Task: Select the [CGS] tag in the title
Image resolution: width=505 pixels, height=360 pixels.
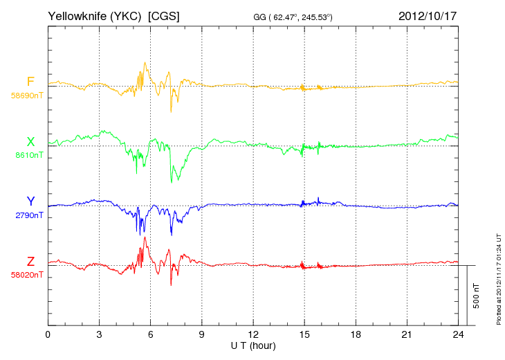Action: (164, 16)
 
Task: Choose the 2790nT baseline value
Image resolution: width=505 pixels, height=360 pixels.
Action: (29, 215)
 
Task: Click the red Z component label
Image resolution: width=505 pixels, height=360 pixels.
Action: (30, 262)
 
